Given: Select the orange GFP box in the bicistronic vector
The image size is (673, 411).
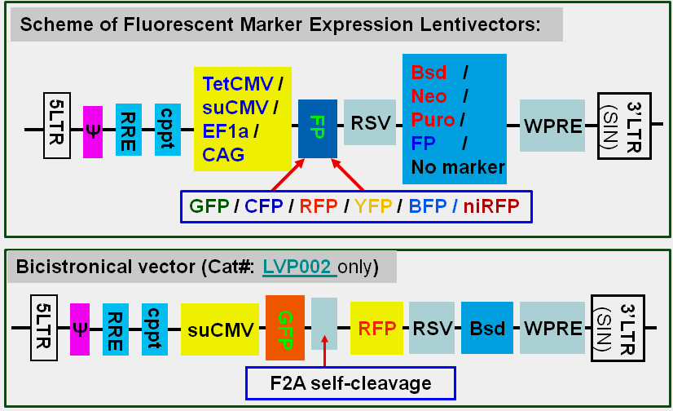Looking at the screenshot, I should [284, 328].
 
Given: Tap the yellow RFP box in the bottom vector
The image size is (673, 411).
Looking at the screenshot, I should [376, 328].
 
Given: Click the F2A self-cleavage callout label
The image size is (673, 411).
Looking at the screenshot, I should [350, 382].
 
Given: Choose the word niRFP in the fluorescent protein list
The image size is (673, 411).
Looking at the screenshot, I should [491, 206].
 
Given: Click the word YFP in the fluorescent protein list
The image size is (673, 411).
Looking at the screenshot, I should [372, 206].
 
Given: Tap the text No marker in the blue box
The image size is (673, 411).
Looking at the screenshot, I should [458, 167].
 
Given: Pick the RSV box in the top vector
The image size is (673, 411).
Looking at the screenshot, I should [370, 124].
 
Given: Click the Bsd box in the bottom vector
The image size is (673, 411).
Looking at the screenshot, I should [487, 329].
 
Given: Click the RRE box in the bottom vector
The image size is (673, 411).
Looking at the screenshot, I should [116, 329].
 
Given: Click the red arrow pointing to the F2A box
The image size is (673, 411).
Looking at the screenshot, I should [324, 351].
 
